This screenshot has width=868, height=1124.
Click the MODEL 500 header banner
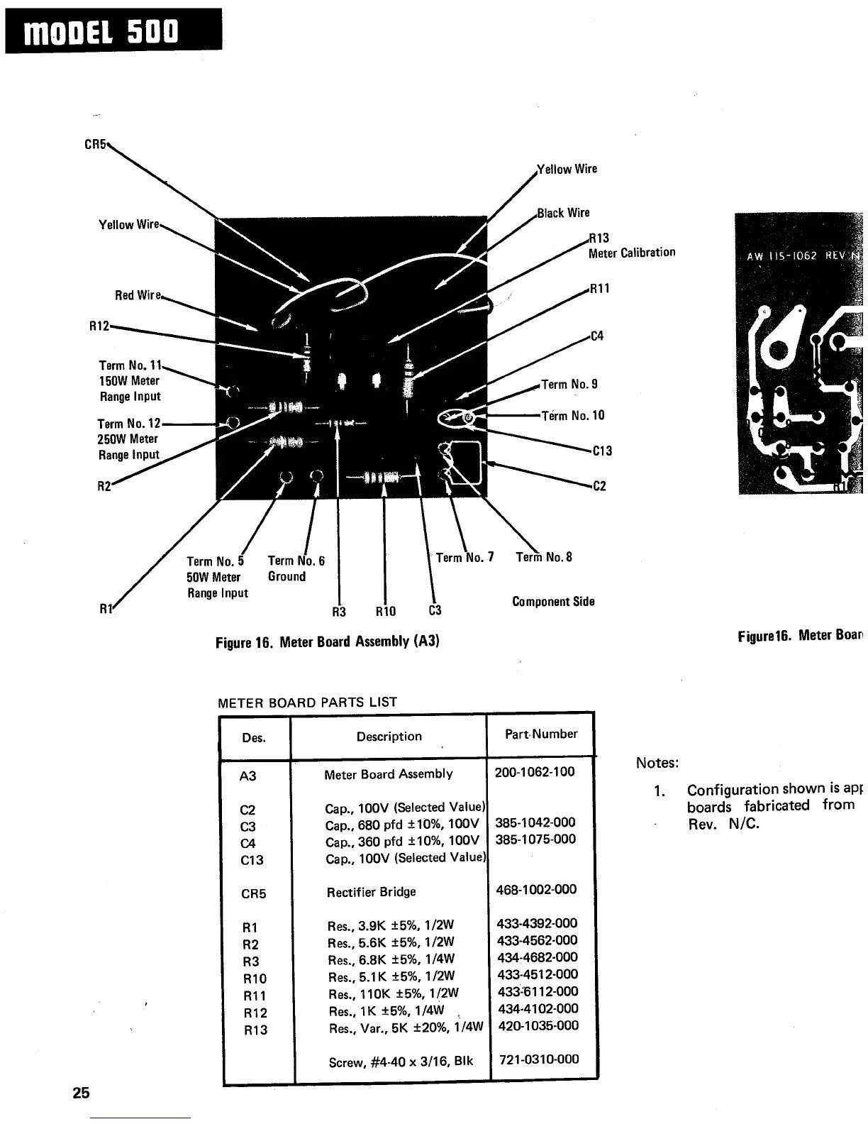(x=113, y=31)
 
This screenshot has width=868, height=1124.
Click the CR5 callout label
(x=94, y=144)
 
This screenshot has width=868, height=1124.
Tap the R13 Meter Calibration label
(x=630, y=245)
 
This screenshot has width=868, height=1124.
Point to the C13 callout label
(x=601, y=451)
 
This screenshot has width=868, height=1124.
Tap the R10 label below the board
(x=386, y=612)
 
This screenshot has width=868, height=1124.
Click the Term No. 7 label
(x=464, y=558)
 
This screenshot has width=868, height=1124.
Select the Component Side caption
(x=553, y=602)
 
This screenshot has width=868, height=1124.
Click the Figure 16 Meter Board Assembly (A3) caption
(x=328, y=642)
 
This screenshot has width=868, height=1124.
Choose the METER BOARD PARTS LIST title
(x=307, y=702)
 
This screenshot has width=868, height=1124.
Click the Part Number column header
(x=541, y=734)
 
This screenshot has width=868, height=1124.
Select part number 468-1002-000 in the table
(x=537, y=890)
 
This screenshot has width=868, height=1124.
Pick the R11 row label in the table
(x=255, y=996)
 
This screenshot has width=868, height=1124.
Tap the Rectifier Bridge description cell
(x=371, y=892)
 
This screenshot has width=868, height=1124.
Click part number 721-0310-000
(x=539, y=1060)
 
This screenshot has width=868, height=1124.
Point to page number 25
(x=81, y=1093)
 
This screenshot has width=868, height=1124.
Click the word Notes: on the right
(x=657, y=764)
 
